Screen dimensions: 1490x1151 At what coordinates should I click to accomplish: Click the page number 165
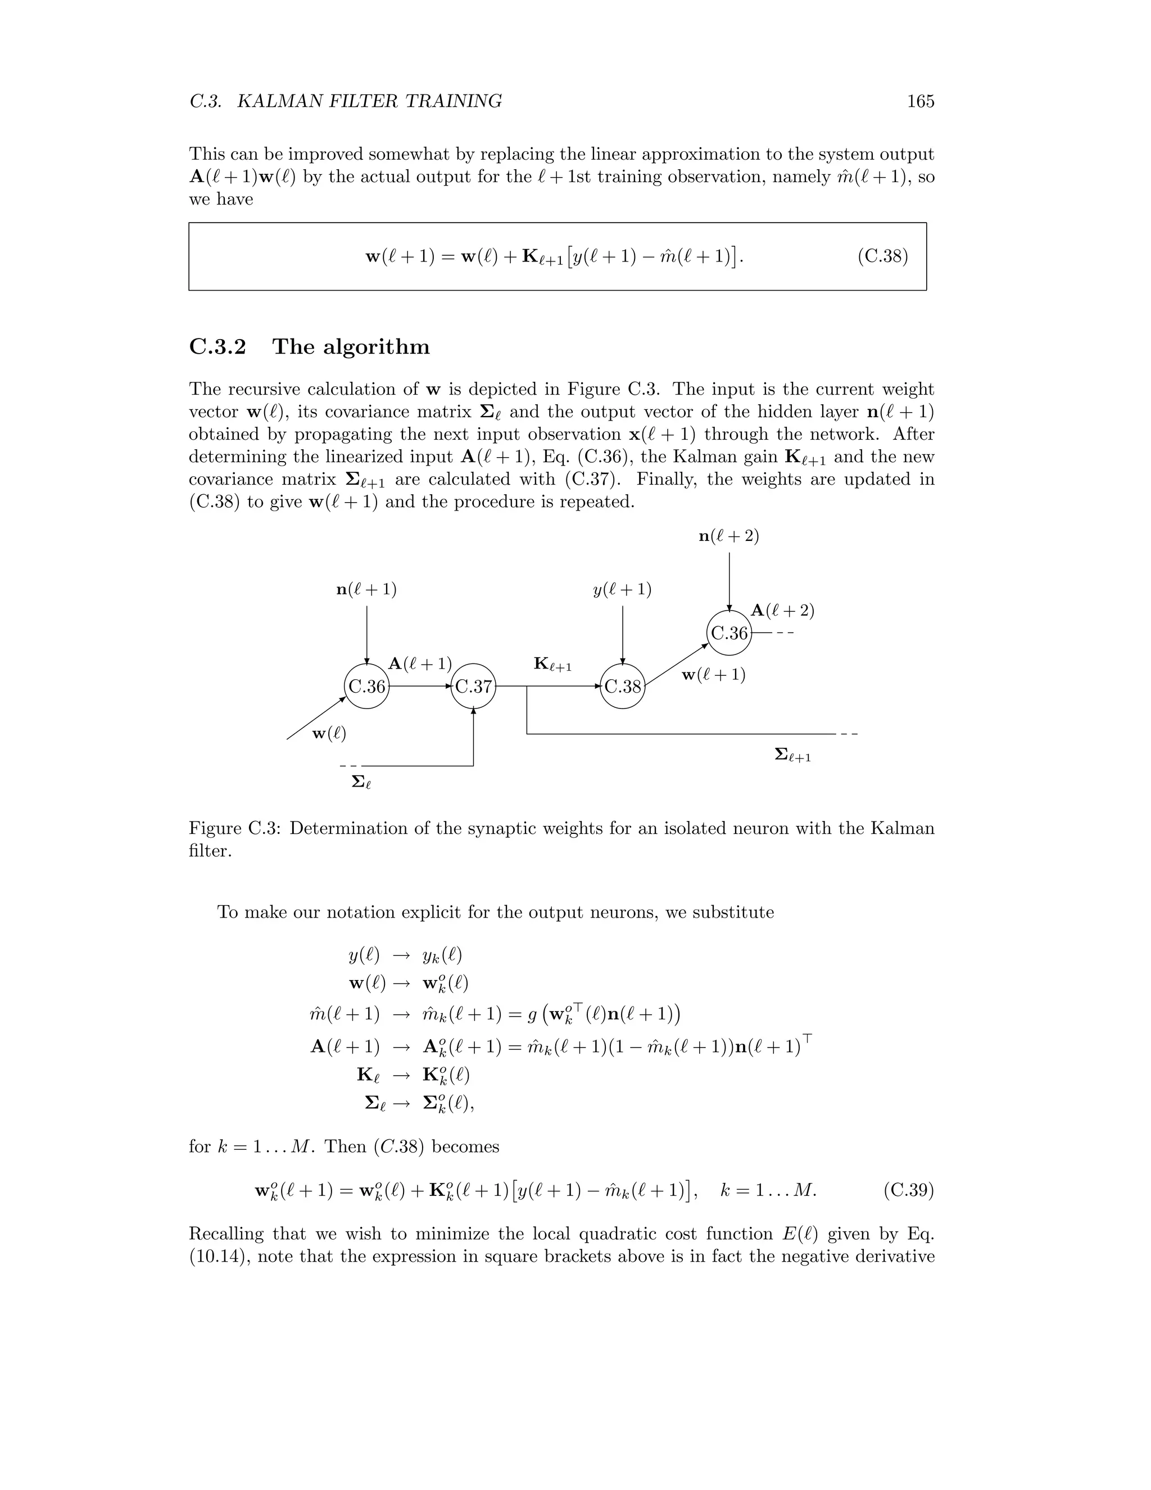click(920, 102)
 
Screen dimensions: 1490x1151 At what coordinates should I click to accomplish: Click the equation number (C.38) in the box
click(882, 256)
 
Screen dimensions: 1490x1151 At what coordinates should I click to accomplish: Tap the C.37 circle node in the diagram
click(473, 687)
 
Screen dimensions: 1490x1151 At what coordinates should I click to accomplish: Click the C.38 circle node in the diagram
click(623, 687)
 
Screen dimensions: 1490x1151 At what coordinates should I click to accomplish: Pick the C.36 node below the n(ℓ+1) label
click(367, 687)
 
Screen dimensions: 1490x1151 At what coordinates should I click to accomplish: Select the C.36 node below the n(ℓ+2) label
click(729, 633)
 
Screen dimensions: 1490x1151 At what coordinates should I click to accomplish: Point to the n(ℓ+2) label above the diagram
click(729, 536)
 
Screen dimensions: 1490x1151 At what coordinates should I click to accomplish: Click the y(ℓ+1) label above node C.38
click(622, 589)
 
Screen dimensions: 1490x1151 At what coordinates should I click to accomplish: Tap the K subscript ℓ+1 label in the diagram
click(552, 664)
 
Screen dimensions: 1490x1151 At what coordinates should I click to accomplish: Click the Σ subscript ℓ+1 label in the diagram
click(793, 755)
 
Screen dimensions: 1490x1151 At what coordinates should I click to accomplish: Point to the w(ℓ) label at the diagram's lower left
click(329, 734)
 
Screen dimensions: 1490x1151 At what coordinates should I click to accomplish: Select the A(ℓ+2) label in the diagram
click(782, 611)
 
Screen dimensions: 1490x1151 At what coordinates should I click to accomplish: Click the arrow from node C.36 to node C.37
click(419, 687)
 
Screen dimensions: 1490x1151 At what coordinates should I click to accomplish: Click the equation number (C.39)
click(908, 1190)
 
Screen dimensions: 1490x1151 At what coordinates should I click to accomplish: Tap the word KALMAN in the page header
click(279, 102)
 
